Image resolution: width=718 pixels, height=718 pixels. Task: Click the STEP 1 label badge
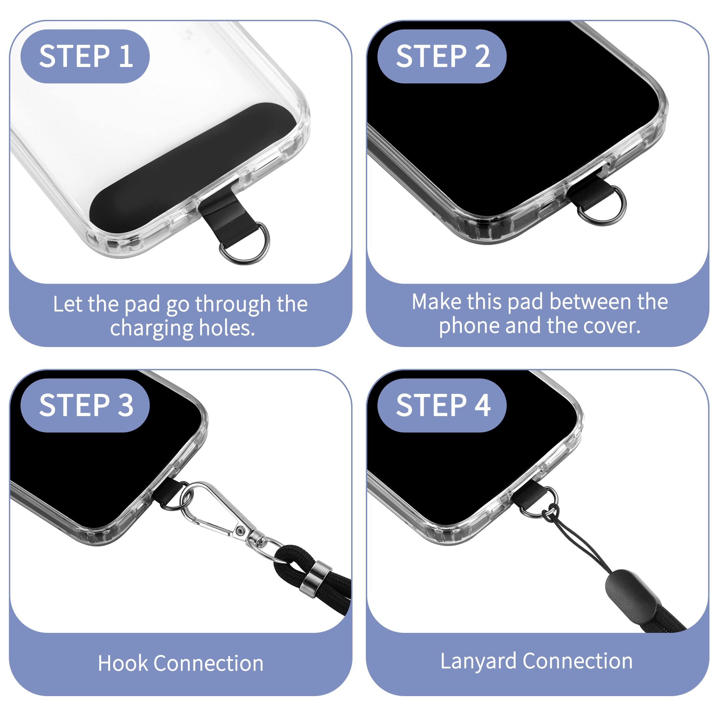point(85,56)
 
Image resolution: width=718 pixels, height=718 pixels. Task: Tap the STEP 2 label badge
point(442,56)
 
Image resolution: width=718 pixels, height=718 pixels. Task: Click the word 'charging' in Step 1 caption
point(151,329)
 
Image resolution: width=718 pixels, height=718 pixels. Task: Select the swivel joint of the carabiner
point(256,538)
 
